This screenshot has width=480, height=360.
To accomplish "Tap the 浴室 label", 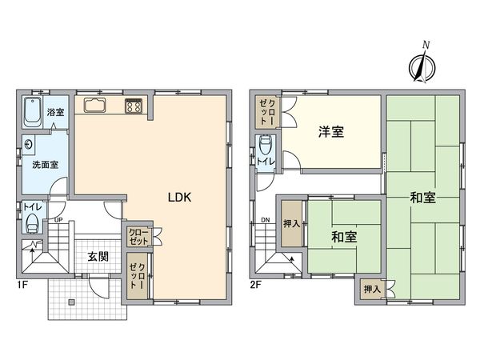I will (x=55, y=112).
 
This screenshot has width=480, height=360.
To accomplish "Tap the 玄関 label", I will (x=98, y=256).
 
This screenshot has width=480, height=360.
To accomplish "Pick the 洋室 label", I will (x=331, y=132).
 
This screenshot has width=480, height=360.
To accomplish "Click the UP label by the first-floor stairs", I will (x=58, y=220).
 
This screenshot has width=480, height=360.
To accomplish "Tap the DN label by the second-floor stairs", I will (x=264, y=221).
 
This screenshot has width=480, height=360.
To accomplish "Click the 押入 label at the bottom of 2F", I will (x=371, y=289).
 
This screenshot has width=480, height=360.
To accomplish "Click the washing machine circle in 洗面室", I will (x=29, y=145).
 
